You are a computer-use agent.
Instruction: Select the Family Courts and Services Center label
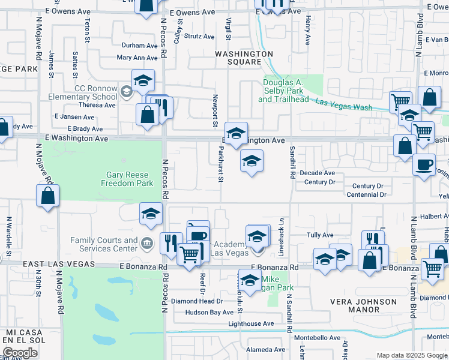coord(104,244)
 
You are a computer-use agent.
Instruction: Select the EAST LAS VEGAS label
coord(59,264)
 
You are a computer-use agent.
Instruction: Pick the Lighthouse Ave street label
coord(251,324)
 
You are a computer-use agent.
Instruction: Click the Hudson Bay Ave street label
coord(209,313)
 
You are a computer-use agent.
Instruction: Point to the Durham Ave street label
coord(139,46)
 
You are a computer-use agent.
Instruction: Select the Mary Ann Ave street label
coord(137,58)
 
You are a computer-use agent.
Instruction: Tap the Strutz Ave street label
coord(199,37)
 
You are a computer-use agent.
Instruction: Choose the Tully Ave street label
coord(320,235)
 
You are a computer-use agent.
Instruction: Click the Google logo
coord(20,353)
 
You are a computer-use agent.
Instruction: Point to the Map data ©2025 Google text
coord(411,355)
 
